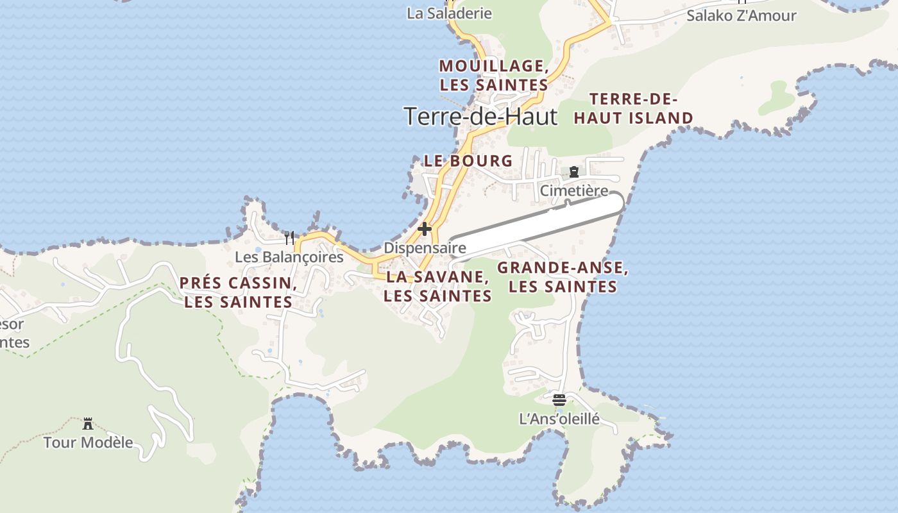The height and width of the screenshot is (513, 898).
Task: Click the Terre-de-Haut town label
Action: coord(480,116)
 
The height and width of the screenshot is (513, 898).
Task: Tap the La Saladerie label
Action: coord(449,13)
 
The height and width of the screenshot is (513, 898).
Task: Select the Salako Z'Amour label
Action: coord(741,15)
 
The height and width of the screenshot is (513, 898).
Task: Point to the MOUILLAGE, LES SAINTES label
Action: coord(493,75)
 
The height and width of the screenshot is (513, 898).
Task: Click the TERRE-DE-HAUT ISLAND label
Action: coord(634,108)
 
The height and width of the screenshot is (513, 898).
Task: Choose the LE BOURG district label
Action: coord(468,161)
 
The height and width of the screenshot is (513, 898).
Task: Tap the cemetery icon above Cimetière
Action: coord(573,172)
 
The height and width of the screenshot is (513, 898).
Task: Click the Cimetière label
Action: coord(573,190)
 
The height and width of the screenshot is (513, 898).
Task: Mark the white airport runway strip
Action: coord(536,224)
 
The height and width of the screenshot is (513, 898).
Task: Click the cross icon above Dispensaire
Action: coord(424,229)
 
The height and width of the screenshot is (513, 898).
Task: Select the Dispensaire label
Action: coord(425,248)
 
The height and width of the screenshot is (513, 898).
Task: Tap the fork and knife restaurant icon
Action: coord(289,238)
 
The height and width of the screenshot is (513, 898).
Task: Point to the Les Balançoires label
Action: coord(289,257)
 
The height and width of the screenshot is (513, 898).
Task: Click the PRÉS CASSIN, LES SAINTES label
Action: coord(238,292)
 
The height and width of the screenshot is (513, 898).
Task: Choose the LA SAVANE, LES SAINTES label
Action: coord(437,286)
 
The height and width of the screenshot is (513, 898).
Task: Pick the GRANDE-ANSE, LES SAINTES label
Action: coord(563,277)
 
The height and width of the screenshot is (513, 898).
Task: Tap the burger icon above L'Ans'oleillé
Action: coord(559,400)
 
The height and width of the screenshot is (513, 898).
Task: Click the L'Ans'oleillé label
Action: coord(559,419)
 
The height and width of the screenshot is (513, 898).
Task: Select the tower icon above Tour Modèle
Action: coord(88,423)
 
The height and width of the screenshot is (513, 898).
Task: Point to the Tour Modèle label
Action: coord(89,442)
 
